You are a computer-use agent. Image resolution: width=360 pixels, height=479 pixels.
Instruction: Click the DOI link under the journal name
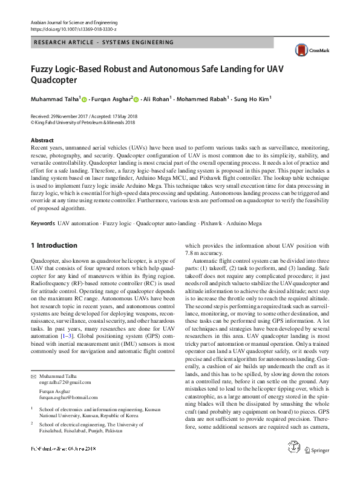(x=73, y=28)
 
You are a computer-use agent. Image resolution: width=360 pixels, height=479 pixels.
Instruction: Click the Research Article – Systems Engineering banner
(x=103, y=42)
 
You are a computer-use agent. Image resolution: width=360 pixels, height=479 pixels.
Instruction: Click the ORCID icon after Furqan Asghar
(x=137, y=99)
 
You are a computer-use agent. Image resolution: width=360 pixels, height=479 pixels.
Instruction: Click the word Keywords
(x=42, y=223)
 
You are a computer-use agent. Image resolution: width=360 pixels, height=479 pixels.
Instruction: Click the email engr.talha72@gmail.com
(x=65, y=382)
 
